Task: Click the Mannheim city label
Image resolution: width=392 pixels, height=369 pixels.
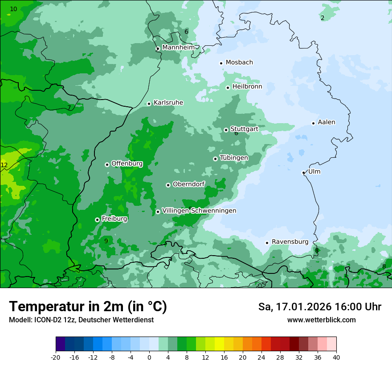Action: tap(178, 48)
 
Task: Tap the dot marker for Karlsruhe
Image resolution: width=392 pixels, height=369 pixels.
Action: tap(149, 104)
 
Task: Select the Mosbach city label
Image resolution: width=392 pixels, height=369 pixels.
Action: tap(239, 63)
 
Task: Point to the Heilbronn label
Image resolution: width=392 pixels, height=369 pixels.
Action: tap(247, 87)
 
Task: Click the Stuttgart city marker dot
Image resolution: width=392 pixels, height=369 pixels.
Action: tap(226, 130)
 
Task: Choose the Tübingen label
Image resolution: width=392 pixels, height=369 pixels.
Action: tap(234, 158)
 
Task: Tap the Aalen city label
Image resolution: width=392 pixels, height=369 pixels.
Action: tap(327, 122)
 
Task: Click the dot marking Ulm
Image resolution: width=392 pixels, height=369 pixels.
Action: tap(303, 172)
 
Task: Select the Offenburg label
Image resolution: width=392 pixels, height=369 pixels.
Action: tap(127, 164)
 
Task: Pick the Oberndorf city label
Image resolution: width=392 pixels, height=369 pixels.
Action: tap(189, 184)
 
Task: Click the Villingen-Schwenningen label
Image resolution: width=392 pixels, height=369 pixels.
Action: tap(199, 211)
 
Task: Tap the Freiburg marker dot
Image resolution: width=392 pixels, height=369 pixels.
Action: tap(97, 220)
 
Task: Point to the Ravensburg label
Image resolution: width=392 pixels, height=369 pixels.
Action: tap(290, 242)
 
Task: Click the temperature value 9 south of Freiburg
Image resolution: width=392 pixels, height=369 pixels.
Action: tap(106, 241)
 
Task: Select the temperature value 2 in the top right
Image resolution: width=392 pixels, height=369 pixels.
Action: tap(323, 18)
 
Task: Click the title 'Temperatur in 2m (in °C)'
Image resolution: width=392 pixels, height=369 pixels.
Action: tap(88, 307)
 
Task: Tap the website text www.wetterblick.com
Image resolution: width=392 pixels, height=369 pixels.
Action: tap(321, 320)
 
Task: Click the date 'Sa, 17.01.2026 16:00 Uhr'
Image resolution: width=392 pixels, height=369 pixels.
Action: tap(319, 307)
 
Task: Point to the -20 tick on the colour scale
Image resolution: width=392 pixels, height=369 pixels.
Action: tap(56, 357)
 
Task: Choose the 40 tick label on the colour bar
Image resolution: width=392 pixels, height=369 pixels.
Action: tap(336, 357)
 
